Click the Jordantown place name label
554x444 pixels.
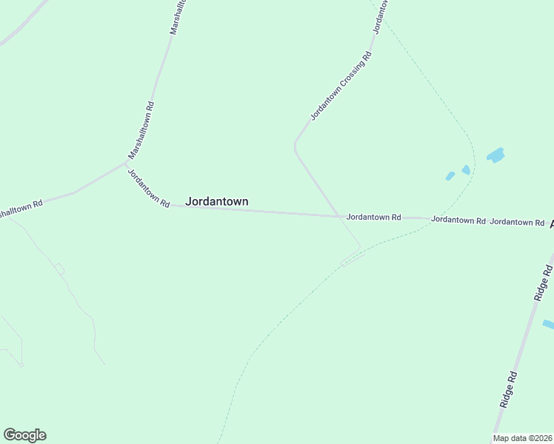[216, 201]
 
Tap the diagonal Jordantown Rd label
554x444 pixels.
[149, 189]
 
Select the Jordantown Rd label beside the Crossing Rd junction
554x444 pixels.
[373, 218]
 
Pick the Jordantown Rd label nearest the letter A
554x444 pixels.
[517, 222]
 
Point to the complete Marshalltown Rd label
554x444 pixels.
[141, 130]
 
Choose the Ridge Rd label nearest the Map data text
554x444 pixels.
[507, 390]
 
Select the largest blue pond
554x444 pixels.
[495, 155]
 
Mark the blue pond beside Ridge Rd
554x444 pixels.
[548, 324]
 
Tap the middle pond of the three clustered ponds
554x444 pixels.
[466, 169]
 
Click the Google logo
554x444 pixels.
[24, 435]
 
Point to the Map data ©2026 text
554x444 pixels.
[522, 438]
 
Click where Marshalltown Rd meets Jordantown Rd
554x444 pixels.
[127, 164]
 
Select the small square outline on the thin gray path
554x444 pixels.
[59, 269]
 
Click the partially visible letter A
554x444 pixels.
[550, 222]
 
